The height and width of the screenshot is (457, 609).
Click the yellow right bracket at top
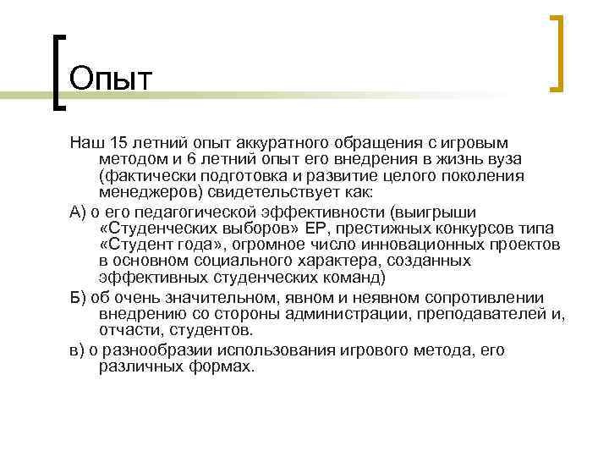(x=559, y=52)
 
